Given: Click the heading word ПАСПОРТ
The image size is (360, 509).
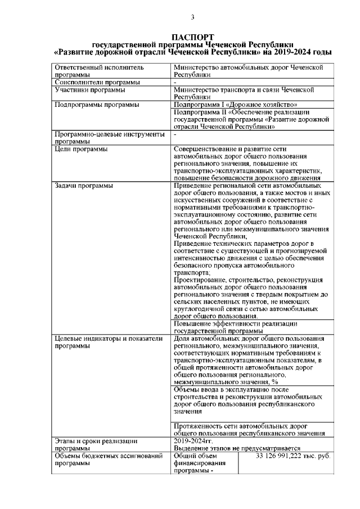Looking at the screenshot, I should (192, 37).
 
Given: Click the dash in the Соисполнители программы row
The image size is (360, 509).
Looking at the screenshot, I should (175, 82).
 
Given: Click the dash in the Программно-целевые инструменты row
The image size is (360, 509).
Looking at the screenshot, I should (175, 134).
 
